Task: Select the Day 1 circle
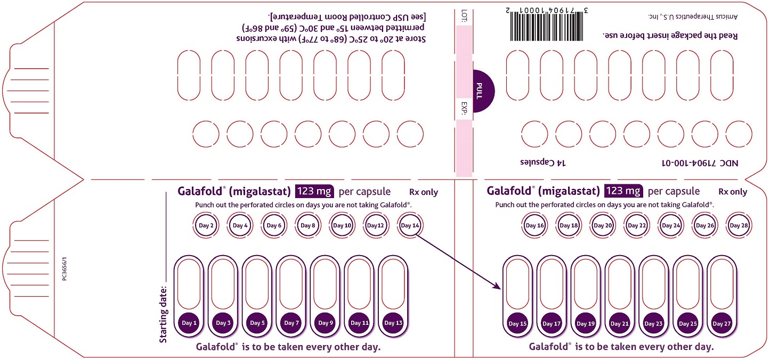pyautogui.click(x=189, y=323)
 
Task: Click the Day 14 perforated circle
pyautogui.click(x=410, y=225)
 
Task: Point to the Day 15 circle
pyautogui.click(x=517, y=323)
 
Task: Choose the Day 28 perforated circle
pyautogui.click(x=739, y=225)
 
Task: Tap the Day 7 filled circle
pyautogui.click(x=291, y=323)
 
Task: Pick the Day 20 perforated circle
pyautogui.click(x=602, y=225)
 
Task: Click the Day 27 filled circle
pyautogui.click(x=722, y=323)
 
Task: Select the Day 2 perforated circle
pyautogui.click(x=206, y=225)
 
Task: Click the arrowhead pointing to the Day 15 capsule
pyautogui.click(x=499, y=288)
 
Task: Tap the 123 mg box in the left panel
pyautogui.click(x=314, y=191)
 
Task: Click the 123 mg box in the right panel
pyautogui.click(x=623, y=191)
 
